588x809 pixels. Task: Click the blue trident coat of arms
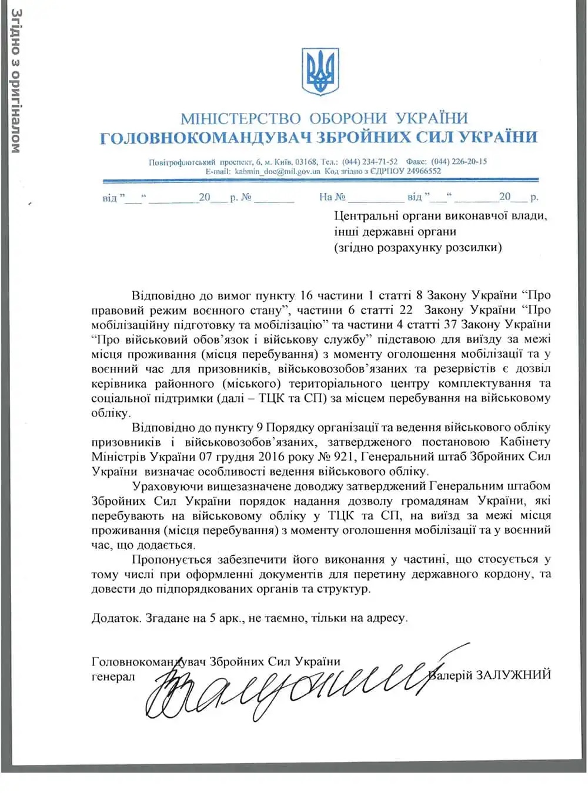pos(320,71)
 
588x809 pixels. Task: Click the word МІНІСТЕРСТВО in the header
pos(240,119)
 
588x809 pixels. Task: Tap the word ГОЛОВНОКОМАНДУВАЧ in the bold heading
pos(205,138)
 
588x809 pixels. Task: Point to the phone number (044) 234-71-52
pos(370,162)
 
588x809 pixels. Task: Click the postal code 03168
pos(306,162)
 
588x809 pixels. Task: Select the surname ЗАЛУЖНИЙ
pos(513,675)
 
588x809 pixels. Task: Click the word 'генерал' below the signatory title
pos(113,677)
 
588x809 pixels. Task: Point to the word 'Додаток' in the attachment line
pos(116,618)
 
